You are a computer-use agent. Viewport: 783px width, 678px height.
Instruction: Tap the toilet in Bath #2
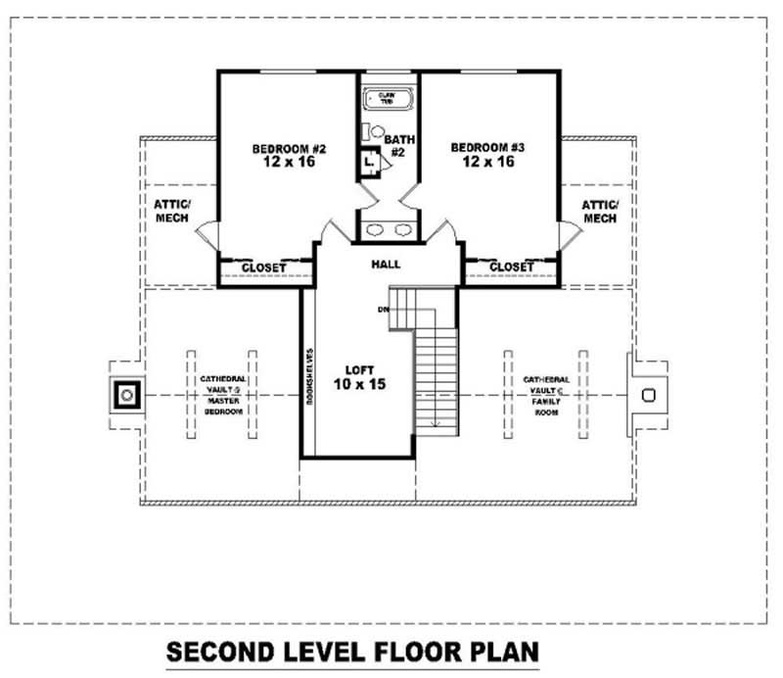(376, 131)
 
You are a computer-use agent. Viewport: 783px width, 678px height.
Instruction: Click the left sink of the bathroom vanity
(375, 231)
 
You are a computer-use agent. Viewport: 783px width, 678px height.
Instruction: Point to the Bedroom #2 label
(289, 149)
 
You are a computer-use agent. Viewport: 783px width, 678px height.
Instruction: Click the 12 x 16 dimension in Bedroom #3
(488, 162)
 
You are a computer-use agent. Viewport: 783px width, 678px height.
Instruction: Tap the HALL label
(386, 265)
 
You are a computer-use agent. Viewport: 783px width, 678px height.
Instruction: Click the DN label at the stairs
(384, 311)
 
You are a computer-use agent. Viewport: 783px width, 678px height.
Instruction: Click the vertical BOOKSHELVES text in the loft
(308, 376)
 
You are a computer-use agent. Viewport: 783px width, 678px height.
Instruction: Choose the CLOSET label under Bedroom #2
(263, 267)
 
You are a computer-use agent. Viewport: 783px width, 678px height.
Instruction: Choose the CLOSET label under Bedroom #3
(511, 266)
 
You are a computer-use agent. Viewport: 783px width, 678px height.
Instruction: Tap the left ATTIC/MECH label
(173, 211)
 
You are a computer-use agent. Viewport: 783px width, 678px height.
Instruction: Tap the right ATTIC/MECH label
(600, 211)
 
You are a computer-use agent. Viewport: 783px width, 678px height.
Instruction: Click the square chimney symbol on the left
(127, 395)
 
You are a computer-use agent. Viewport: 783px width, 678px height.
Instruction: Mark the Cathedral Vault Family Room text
(545, 396)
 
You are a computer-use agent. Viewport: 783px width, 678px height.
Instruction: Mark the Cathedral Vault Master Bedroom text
(222, 395)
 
